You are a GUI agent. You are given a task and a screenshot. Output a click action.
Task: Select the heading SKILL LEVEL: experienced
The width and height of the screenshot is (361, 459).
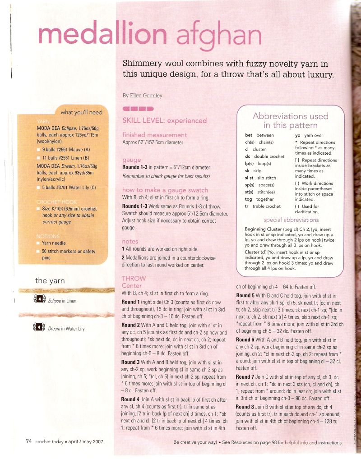click(164, 120)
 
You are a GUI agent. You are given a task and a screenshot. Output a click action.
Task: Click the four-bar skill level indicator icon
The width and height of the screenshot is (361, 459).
click(138, 109)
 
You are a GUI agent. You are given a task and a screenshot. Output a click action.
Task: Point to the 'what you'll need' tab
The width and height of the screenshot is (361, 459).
click(81, 112)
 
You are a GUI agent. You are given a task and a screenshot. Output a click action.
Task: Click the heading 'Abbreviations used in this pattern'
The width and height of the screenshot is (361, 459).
click(290, 120)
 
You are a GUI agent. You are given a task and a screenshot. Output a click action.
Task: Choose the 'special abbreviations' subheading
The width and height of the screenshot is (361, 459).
click(291, 220)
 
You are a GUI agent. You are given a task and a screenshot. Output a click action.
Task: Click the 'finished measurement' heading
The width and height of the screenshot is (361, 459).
click(154, 135)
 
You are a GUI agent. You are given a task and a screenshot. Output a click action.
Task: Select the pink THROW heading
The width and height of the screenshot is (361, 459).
click(134, 278)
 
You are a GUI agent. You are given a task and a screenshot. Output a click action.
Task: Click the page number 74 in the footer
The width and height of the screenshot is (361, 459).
click(28, 441)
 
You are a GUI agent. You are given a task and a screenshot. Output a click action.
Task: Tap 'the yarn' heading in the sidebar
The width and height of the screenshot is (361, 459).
click(50, 280)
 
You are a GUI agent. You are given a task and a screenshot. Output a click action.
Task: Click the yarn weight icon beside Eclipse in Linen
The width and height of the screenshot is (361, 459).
click(39, 300)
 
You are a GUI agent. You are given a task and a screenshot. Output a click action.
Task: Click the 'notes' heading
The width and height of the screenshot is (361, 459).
click(130, 241)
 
